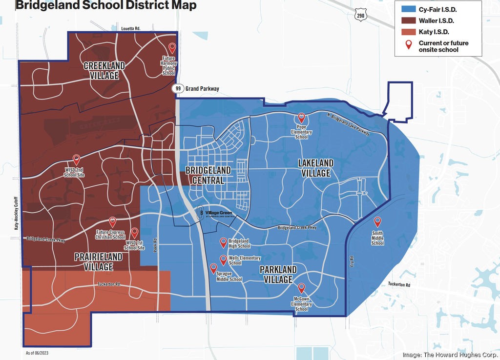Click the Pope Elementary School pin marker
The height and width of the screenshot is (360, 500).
tap(301, 118)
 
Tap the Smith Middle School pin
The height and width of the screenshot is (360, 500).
tap(377, 222)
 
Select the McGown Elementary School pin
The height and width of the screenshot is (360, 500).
tap(301, 288)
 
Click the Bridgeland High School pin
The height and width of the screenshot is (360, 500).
tap(224, 241)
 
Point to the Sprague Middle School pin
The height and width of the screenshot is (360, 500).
tap(213, 268)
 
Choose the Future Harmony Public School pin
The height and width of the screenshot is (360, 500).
tap(172, 47)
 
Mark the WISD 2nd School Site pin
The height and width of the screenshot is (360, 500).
tap(76, 159)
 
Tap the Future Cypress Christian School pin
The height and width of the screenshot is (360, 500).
tap(113, 221)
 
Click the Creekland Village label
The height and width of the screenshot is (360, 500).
tap(104, 71)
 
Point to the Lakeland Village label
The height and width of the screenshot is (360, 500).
tap(316, 168)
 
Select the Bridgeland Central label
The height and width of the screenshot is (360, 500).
tap(205, 175)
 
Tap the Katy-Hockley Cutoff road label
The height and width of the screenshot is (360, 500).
tap(16, 213)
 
